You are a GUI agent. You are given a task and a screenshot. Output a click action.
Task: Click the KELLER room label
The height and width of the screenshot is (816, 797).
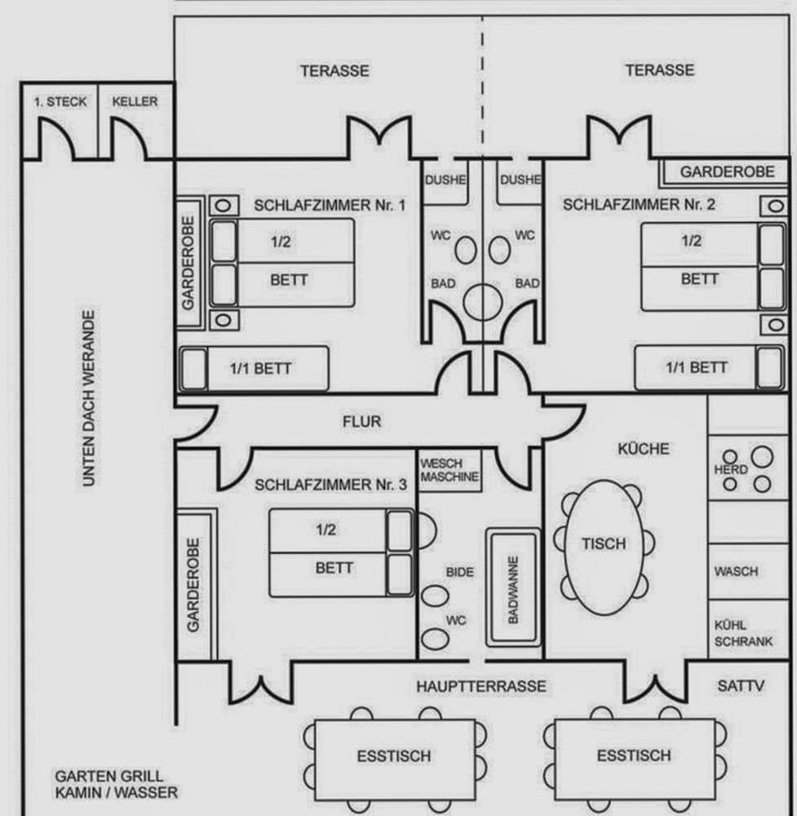[x=135, y=102]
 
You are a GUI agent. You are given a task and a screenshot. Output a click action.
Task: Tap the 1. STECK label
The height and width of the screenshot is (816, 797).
[x=60, y=102]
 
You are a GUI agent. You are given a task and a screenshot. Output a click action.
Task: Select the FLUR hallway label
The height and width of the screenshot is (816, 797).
[x=361, y=422]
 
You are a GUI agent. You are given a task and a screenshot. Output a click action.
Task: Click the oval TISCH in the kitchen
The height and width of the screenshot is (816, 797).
[x=604, y=543]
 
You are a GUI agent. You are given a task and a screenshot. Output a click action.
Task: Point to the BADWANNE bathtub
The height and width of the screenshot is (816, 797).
[x=514, y=589]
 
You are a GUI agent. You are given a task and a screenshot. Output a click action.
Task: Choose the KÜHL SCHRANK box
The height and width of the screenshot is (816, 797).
[x=743, y=634]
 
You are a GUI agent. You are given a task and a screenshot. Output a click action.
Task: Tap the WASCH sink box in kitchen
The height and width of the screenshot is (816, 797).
[x=736, y=571]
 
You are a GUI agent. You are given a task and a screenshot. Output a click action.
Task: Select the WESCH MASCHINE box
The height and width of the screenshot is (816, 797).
[x=449, y=471]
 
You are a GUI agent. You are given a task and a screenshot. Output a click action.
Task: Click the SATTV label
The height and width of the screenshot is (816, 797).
[x=742, y=686]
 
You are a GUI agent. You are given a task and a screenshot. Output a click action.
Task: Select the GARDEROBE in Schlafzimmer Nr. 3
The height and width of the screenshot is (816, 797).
[x=194, y=584]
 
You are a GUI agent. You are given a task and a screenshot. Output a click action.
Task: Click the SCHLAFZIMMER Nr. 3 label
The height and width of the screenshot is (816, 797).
[x=330, y=485]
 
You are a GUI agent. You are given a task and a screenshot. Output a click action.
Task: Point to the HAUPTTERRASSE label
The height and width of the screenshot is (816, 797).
[x=480, y=686]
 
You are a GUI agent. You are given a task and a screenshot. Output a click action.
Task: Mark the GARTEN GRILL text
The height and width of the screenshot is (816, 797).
[x=108, y=776]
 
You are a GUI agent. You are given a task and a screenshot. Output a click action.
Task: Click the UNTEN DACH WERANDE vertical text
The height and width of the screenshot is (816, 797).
[x=89, y=398]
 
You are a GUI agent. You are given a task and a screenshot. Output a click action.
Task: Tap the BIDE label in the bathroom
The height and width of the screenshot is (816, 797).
[x=459, y=572]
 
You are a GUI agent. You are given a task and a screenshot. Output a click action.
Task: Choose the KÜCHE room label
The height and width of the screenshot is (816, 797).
[x=643, y=449]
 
